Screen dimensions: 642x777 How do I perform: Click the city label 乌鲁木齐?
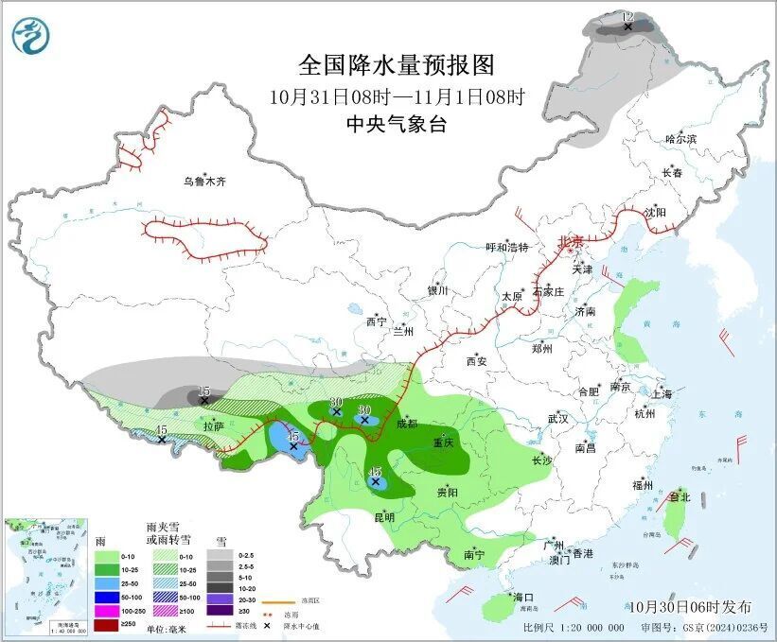coord(205,182)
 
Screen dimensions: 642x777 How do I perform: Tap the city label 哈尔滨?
coord(680,139)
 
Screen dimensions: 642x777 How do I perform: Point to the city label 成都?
coord(408,424)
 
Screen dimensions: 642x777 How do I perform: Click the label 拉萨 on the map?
coord(214,426)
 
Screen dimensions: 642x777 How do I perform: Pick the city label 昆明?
coord(384,516)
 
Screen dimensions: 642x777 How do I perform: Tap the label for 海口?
coord(523,597)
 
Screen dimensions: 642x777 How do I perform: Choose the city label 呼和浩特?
coord(507,248)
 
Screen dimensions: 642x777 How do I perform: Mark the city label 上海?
coord(662,393)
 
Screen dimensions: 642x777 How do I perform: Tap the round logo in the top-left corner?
coord(30,35)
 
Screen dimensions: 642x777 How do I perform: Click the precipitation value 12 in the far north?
coord(627,17)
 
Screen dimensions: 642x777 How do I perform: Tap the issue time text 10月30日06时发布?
coord(689,607)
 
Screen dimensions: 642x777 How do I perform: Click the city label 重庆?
coord(444,442)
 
